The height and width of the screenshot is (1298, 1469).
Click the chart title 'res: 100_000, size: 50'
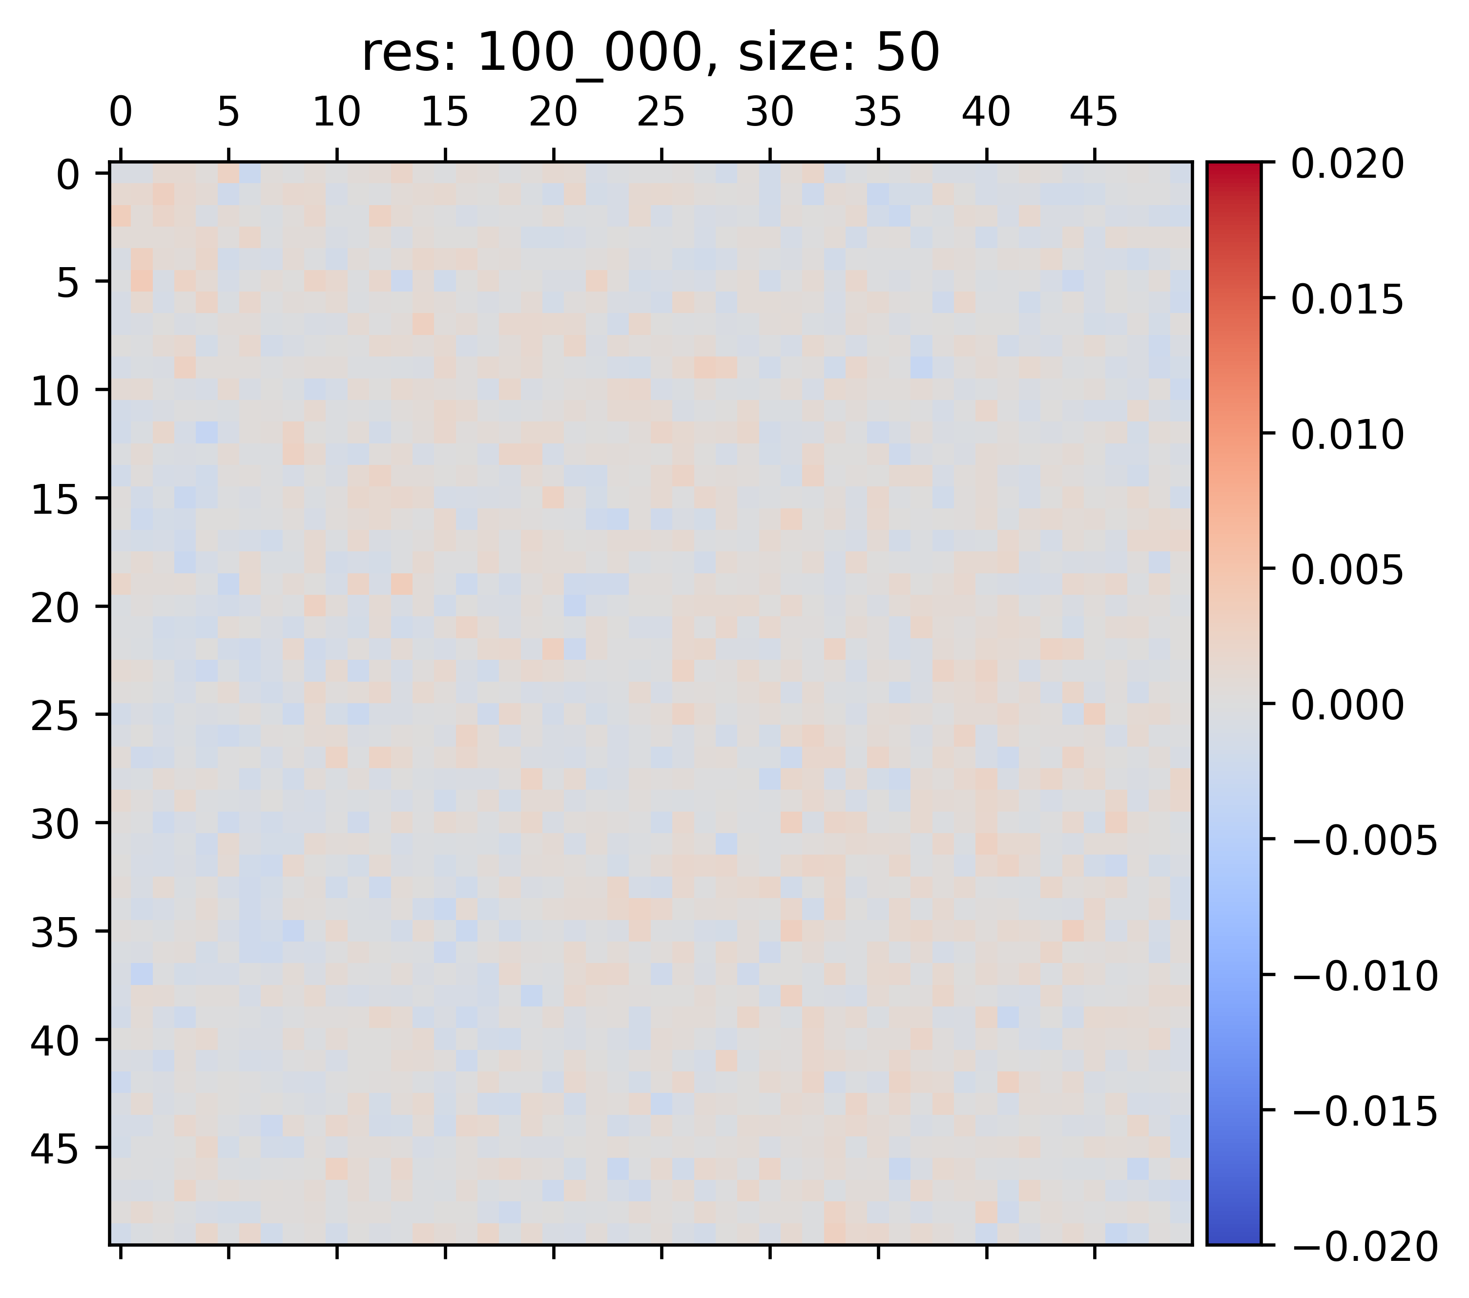pyautogui.click(x=650, y=54)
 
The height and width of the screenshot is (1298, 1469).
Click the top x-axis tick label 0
pyautogui.click(x=121, y=114)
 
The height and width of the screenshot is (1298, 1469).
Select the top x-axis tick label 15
pyautogui.click(x=445, y=114)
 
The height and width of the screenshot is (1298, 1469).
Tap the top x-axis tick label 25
pyautogui.click(x=661, y=114)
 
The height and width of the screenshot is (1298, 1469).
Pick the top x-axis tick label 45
pyautogui.click(x=1094, y=114)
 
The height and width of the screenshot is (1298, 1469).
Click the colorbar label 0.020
pyautogui.click(x=1347, y=165)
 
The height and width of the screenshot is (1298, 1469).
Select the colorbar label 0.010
pyautogui.click(x=1347, y=435)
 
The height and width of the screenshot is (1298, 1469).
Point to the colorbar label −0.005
pyautogui.click(x=1364, y=841)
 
